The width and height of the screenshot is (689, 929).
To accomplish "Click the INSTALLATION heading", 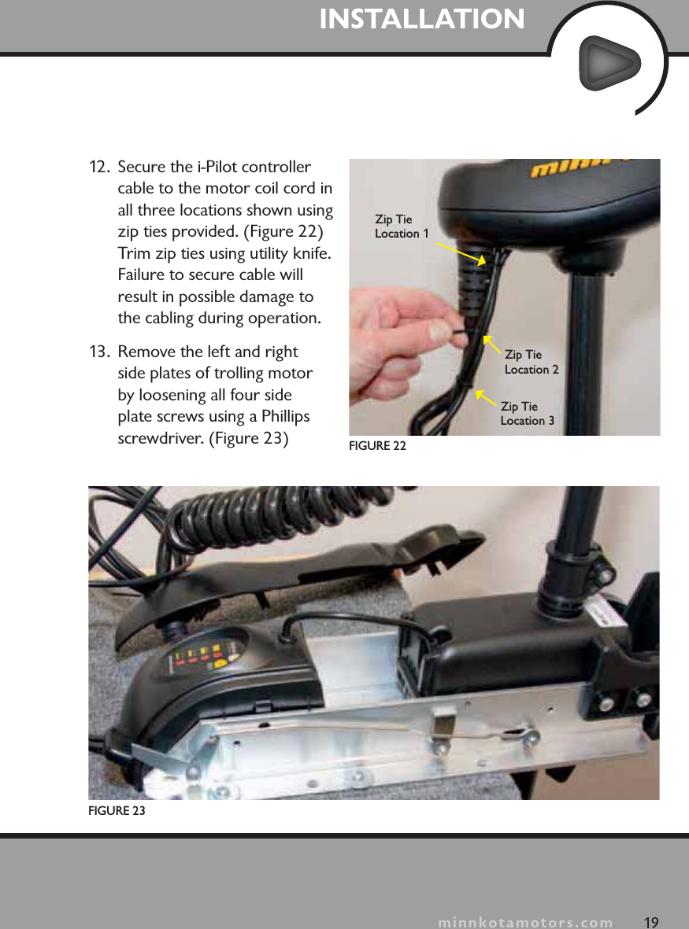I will point(422,19).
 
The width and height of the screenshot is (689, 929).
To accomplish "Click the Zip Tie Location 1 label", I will point(402,227).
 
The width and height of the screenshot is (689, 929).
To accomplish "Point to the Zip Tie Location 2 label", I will point(532,363).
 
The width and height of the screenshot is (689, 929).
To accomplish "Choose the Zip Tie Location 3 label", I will point(527,414).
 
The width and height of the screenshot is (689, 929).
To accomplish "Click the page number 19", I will point(650,922).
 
